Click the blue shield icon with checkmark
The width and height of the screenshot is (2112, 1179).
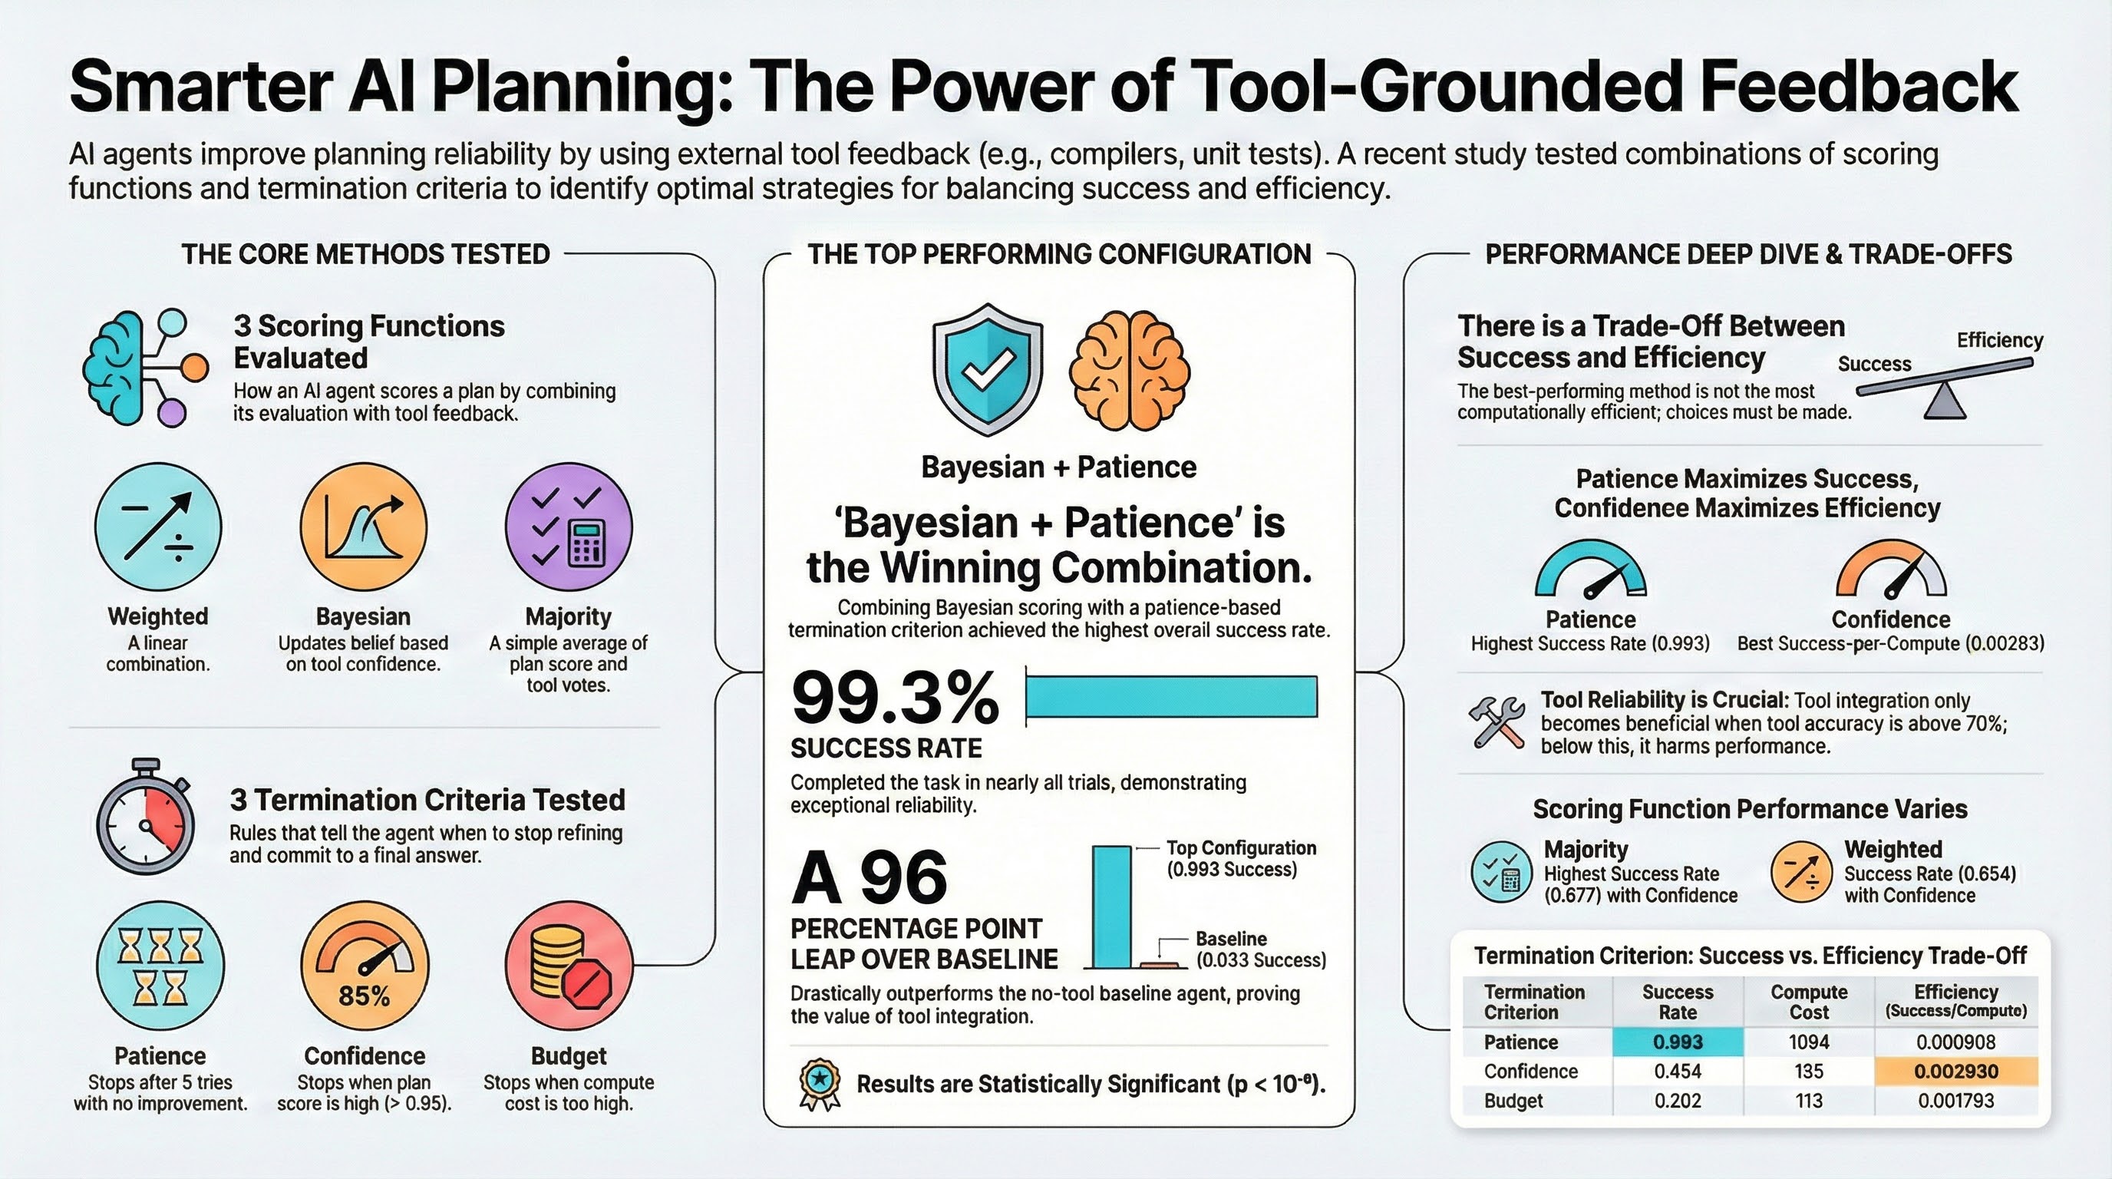point(987,370)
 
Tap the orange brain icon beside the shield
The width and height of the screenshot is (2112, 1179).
point(1130,371)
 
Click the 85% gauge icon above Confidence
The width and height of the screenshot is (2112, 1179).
point(365,966)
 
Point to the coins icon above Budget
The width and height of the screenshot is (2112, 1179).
point(569,966)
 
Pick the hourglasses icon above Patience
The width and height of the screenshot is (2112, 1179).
point(160,966)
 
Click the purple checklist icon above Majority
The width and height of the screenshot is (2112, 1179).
point(569,527)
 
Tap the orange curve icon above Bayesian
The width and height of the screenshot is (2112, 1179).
point(364,527)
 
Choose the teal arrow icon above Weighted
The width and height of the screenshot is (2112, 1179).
point(158,527)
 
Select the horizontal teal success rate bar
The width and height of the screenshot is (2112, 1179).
point(1172,697)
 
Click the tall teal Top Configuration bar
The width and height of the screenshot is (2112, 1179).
point(1112,907)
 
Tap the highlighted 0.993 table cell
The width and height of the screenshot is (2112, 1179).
point(1678,1042)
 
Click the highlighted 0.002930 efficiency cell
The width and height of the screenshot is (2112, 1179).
point(1955,1072)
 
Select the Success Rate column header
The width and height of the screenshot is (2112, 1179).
point(1678,1001)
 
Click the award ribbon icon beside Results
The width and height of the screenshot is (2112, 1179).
point(819,1085)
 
